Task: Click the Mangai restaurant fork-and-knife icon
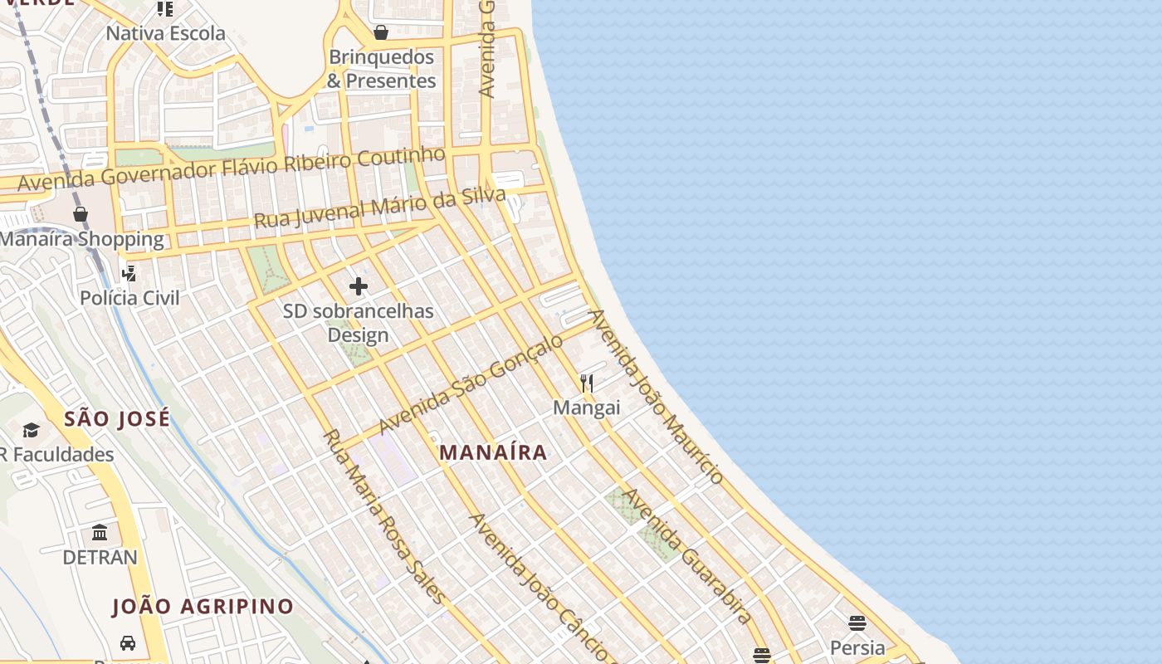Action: coord(587,383)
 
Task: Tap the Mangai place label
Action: coord(587,408)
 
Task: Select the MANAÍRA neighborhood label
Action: coord(493,452)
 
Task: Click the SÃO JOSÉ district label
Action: coord(117,418)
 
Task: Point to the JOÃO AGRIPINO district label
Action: coord(203,607)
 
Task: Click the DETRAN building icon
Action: coord(100,532)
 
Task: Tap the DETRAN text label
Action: coord(100,557)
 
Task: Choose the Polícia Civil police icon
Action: coord(129,273)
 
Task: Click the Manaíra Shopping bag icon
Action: coord(81,214)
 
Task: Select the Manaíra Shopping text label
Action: coord(82,239)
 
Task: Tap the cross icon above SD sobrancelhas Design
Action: coord(359,287)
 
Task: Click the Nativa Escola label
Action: coord(166,33)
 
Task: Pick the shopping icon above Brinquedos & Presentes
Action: coord(381,32)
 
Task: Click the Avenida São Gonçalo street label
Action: coord(471,383)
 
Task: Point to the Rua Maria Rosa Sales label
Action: coord(383,516)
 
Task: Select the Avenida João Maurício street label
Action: coord(657,397)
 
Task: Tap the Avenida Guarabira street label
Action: coord(688,555)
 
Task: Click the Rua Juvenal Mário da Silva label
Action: coord(379,208)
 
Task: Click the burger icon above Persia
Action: coord(857,622)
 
